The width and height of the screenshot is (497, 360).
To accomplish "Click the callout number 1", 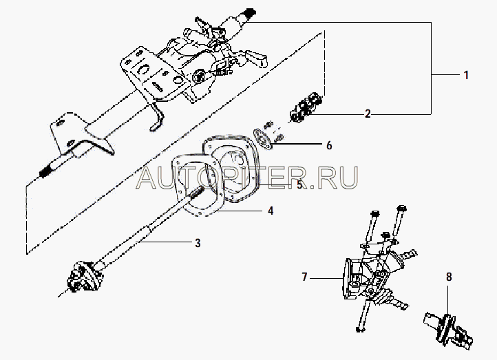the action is (x=466, y=75).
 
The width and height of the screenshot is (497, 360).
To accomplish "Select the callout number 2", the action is (x=368, y=114).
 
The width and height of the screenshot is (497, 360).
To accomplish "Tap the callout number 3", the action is (x=198, y=243).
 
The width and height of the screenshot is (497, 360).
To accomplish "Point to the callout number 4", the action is (x=270, y=211).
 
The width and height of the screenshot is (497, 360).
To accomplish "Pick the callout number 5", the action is (x=299, y=184).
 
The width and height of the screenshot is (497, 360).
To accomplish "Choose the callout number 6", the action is (x=329, y=145).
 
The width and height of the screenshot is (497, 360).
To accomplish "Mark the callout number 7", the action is (x=304, y=277).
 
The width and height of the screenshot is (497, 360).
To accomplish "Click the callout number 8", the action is (x=449, y=277).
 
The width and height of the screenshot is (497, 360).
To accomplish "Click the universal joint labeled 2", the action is (x=306, y=108).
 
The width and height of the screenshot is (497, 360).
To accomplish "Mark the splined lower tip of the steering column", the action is (x=45, y=172).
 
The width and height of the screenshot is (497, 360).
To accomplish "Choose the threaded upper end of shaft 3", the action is (x=198, y=192).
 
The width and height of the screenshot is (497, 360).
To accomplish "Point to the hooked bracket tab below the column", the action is (x=158, y=118).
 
